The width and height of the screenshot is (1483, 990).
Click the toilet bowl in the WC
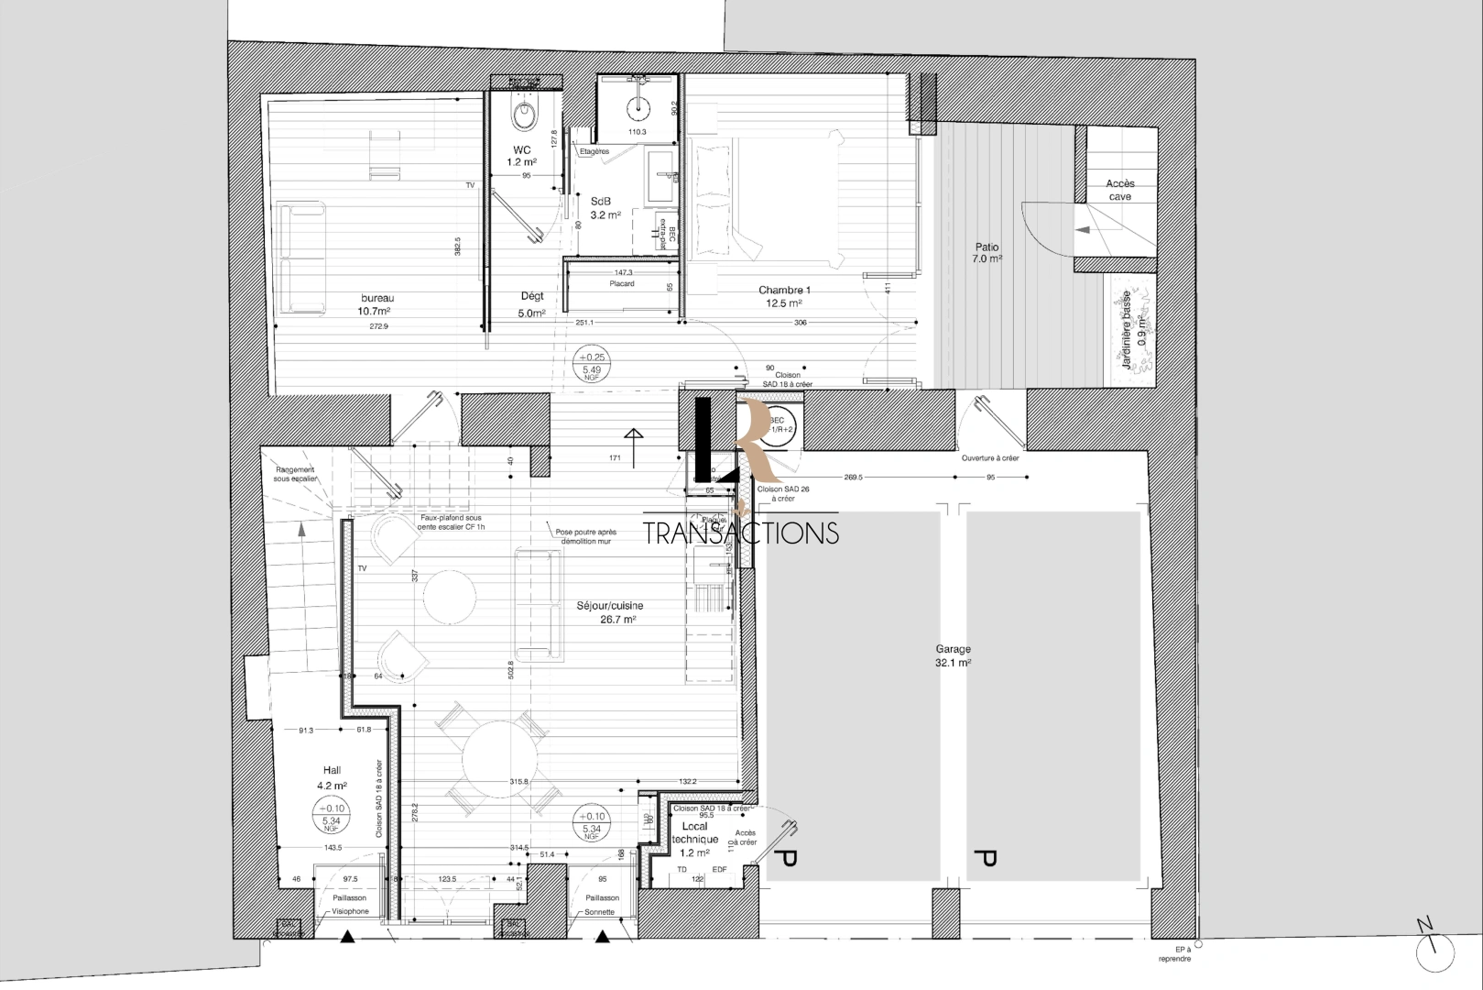[x=524, y=115]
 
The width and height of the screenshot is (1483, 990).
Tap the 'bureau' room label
[x=376, y=298]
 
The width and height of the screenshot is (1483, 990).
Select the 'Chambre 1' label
[x=784, y=291]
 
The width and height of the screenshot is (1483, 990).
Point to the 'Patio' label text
[x=987, y=247]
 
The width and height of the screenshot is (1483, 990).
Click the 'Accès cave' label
[x=1119, y=190]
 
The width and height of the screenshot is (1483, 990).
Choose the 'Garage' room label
[x=953, y=649]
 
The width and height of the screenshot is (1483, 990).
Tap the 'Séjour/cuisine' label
[x=610, y=606]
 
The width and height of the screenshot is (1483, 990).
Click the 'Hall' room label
[x=332, y=771]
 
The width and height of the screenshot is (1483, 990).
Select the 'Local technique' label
[x=695, y=833]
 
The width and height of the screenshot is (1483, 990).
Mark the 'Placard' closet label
[x=622, y=284]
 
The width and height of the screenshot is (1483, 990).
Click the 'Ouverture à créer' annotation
[x=990, y=458]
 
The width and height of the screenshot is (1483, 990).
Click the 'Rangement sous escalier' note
[x=294, y=474]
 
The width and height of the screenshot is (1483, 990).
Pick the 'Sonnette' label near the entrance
[x=602, y=912]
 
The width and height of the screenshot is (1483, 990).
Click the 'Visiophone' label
[x=350, y=912]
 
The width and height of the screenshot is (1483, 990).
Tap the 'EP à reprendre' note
[x=1175, y=954]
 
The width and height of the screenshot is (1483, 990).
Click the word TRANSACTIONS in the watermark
[x=741, y=533]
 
